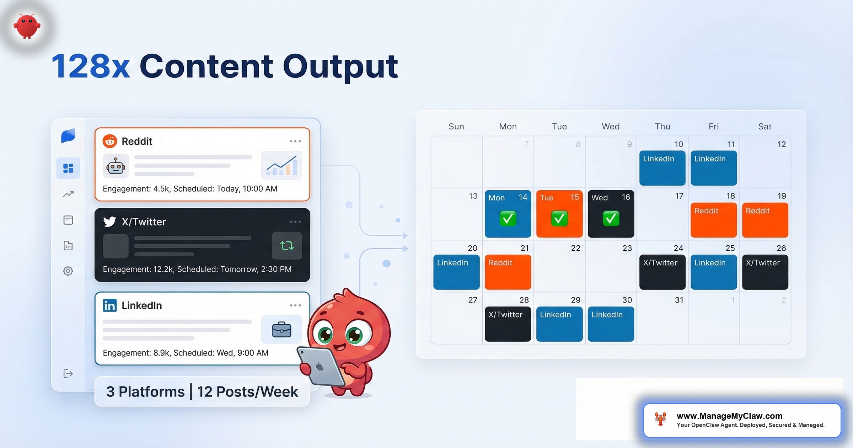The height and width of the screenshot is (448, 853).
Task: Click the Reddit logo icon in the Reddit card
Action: [x=110, y=141]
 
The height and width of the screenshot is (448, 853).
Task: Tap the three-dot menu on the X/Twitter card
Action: [x=295, y=222]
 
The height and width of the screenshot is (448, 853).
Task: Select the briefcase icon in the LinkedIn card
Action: [x=281, y=330]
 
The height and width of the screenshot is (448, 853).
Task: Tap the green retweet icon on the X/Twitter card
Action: [x=287, y=245]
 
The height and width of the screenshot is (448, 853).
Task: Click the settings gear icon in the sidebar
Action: [x=68, y=271]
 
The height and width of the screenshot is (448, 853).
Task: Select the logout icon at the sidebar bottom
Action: [x=68, y=373]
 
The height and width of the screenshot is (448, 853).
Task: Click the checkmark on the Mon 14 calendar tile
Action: [x=508, y=218]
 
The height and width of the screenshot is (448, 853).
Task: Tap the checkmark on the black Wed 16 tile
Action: [x=611, y=218]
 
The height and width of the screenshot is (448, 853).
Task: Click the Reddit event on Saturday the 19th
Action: [x=765, y=220]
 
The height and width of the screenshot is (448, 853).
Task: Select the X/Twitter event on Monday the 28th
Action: [x=508, y=324]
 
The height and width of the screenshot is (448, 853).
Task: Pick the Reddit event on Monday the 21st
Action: [x=508, y=272]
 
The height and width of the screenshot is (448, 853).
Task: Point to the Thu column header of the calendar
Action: [x=662, y=127]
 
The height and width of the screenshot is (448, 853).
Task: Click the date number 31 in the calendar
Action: [x=679, y=300]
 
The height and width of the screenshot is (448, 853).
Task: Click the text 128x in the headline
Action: [x=91, y=66]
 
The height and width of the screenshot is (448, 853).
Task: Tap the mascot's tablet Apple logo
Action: [x=320, y=367]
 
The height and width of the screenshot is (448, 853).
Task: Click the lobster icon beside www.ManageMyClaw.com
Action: [x=660, y=419]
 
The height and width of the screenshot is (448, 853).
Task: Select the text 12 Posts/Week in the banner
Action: [x=247, y=392]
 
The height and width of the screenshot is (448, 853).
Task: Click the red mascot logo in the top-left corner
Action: [x=27, y=26]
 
